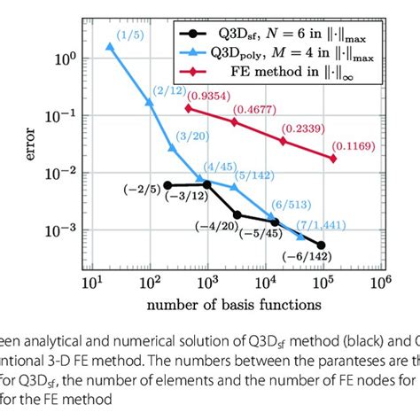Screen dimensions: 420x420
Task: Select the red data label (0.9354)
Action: pyautogui.click(x=210, y=97)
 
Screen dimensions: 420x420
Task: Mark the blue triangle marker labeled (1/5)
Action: pyautogui.click(x=109, y=46)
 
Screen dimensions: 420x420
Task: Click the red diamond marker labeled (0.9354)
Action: pyautogui.click(x=188, y=108)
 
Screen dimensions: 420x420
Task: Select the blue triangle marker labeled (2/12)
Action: pyautogui.click(x=149, y=103)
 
